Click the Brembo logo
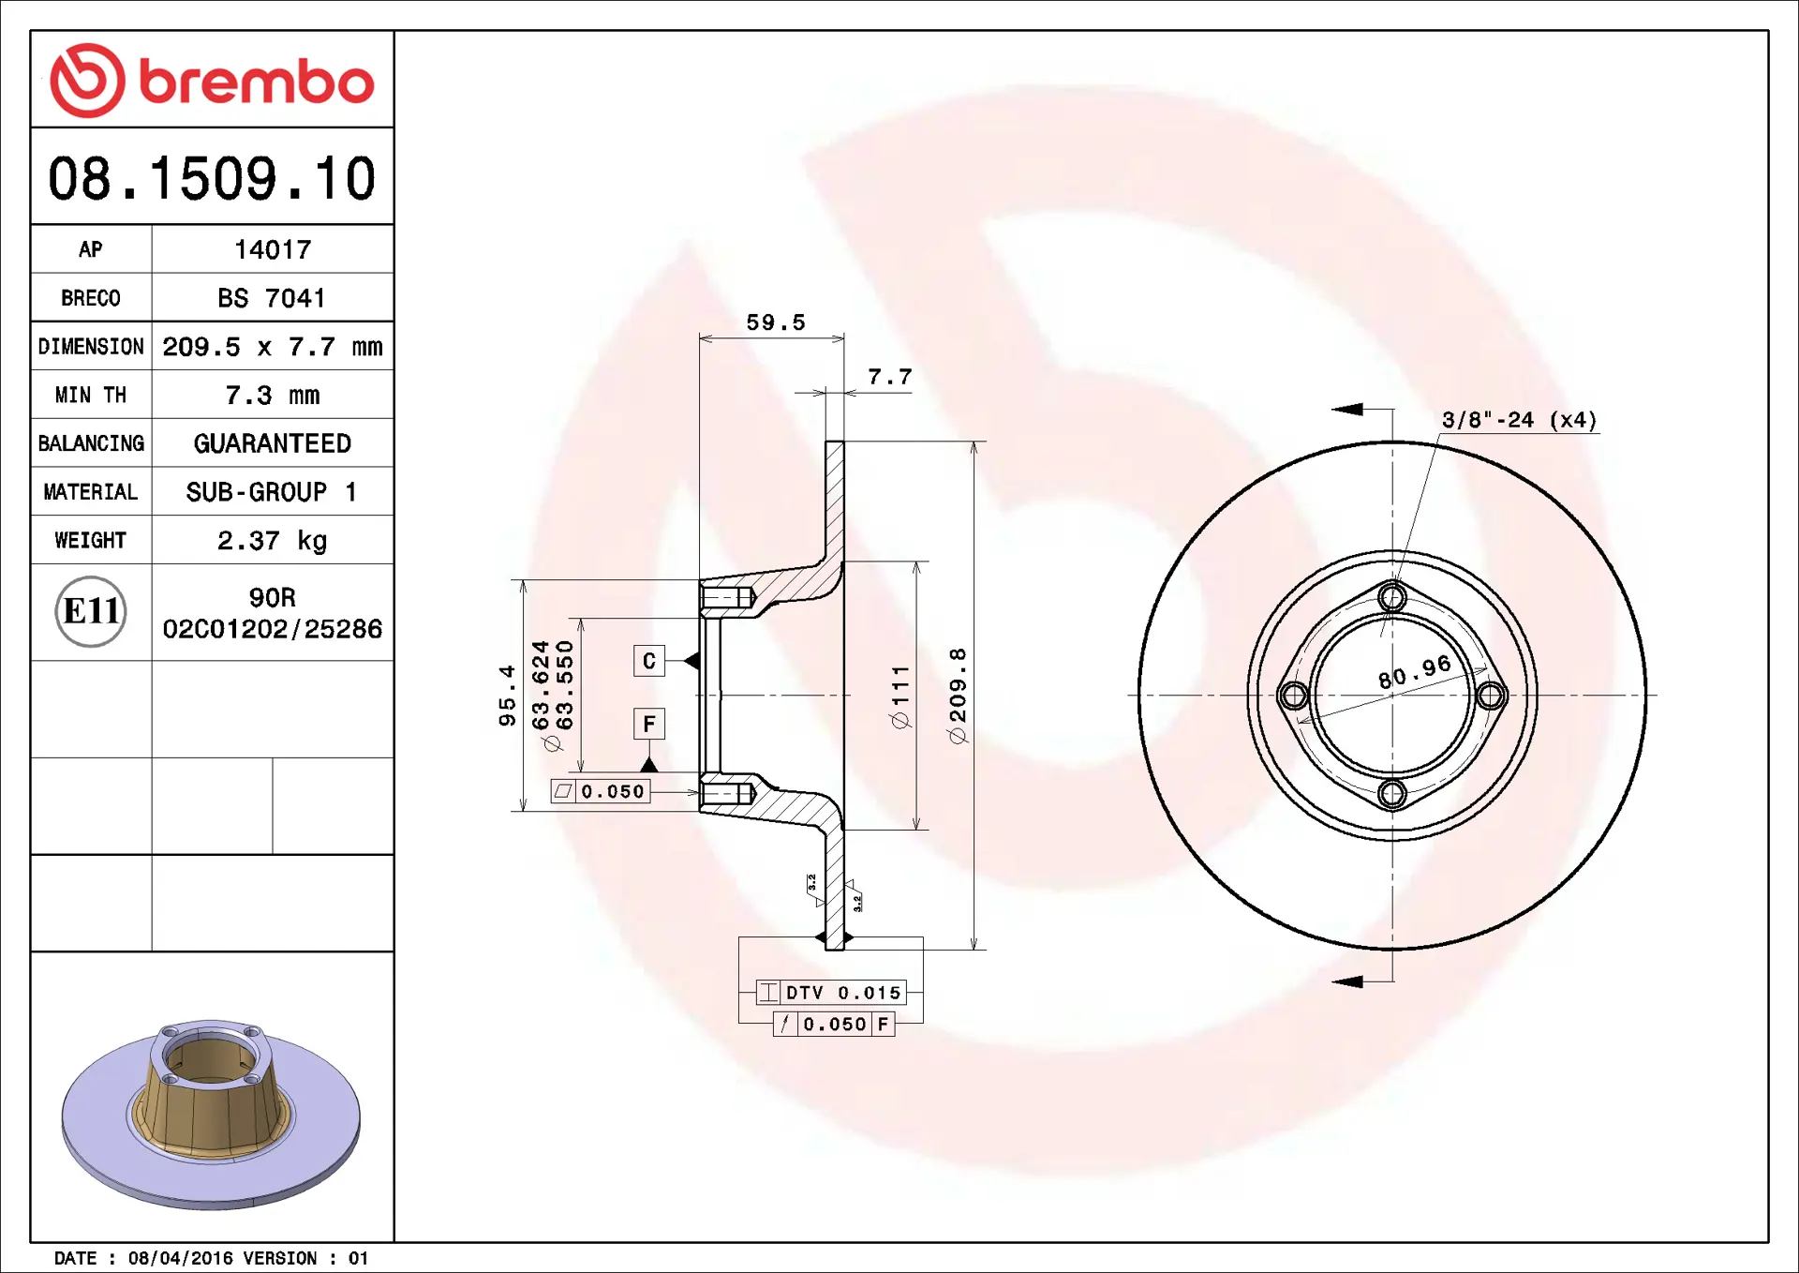[x=212, y=81]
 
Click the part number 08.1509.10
[x=212, y=178]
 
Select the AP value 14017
[x=273, y=249]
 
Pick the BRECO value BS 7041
[x=272, y=298]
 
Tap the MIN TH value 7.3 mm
[x=273, y=396]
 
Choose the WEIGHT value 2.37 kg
[x=273, y=541]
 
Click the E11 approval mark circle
[x=91, y=611]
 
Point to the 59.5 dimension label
[x=776, y=322]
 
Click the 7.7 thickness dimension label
[x=889, y=377]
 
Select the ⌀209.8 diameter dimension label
[x=958, y=696]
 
